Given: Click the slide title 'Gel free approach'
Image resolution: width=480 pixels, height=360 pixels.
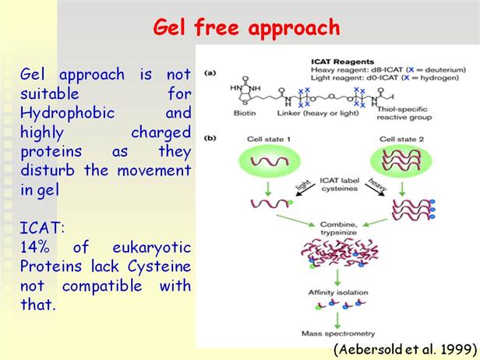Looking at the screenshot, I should point(245,28).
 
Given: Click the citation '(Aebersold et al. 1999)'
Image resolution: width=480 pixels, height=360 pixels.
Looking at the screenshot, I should point(404,348).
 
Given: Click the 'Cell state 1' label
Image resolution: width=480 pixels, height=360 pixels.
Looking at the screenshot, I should point(265,139).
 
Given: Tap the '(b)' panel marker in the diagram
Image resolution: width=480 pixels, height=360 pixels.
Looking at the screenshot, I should point(209,139).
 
